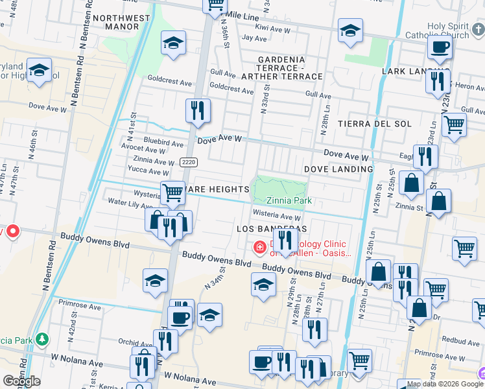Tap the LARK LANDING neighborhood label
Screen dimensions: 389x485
coord(415,71)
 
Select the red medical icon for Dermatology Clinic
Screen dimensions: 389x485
coord(259,247)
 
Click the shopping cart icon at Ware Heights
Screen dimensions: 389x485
coord(172,193)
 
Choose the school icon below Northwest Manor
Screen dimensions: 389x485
coord(173,43)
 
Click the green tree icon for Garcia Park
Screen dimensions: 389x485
coord(42,338)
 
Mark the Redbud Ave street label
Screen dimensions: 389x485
coord(460,340)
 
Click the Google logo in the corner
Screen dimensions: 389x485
coord(21,381)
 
